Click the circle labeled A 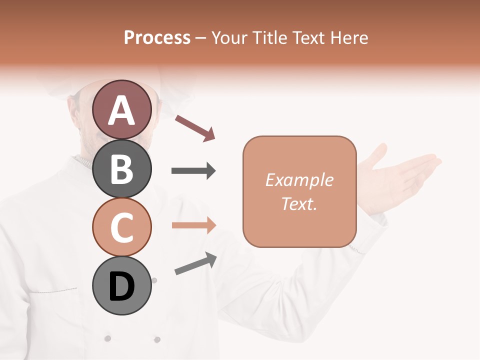122,109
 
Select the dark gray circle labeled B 122,168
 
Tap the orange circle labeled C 122,227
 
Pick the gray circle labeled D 122,286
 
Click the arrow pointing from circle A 194,127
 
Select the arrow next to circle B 193,171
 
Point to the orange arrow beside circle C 193,225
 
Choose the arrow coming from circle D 195,263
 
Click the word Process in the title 157,37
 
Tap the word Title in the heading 270,37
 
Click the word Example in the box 299,180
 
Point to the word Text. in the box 299,203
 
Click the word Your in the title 229,37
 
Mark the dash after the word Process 201,38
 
